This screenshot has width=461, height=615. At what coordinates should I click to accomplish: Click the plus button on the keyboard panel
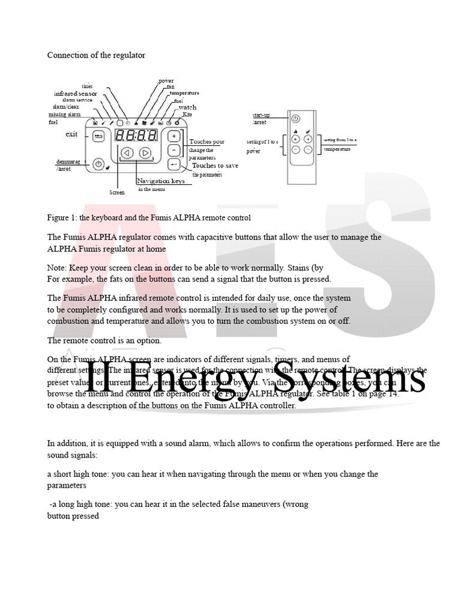coord(174,136)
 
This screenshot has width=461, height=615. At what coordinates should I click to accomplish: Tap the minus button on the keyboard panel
coord(174,150)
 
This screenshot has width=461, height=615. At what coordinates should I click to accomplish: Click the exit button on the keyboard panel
coord(98,137)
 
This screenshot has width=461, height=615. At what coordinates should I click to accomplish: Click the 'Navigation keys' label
coord(160,181)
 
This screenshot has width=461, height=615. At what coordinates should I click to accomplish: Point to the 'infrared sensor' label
coord(75,94)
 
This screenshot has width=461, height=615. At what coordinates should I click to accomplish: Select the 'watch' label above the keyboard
coord(187,108)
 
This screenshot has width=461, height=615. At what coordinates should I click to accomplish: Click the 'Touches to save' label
coord(215,165)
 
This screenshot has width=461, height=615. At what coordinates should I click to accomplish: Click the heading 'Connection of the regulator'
coord(96,55)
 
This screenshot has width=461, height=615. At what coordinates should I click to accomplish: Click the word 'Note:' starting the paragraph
coord(58,267)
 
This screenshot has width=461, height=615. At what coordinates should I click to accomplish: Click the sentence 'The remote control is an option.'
coord(104,341)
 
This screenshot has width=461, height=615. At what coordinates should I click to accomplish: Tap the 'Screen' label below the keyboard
coord(116,192)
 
